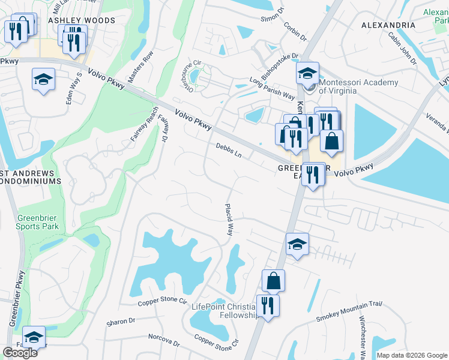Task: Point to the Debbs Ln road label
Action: [229, 151]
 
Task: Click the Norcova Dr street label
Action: [164, 341]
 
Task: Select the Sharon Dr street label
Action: [121, 322]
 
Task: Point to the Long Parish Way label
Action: [272, 88]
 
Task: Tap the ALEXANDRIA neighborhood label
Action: [388, 25]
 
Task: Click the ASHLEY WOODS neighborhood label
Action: [82, 20]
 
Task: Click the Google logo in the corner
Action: [20, 353]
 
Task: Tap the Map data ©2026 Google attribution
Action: [412, 355]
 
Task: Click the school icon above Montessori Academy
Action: [307, 74]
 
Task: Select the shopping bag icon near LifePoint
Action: [273, 280]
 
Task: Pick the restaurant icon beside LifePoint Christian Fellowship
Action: [268, 306]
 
